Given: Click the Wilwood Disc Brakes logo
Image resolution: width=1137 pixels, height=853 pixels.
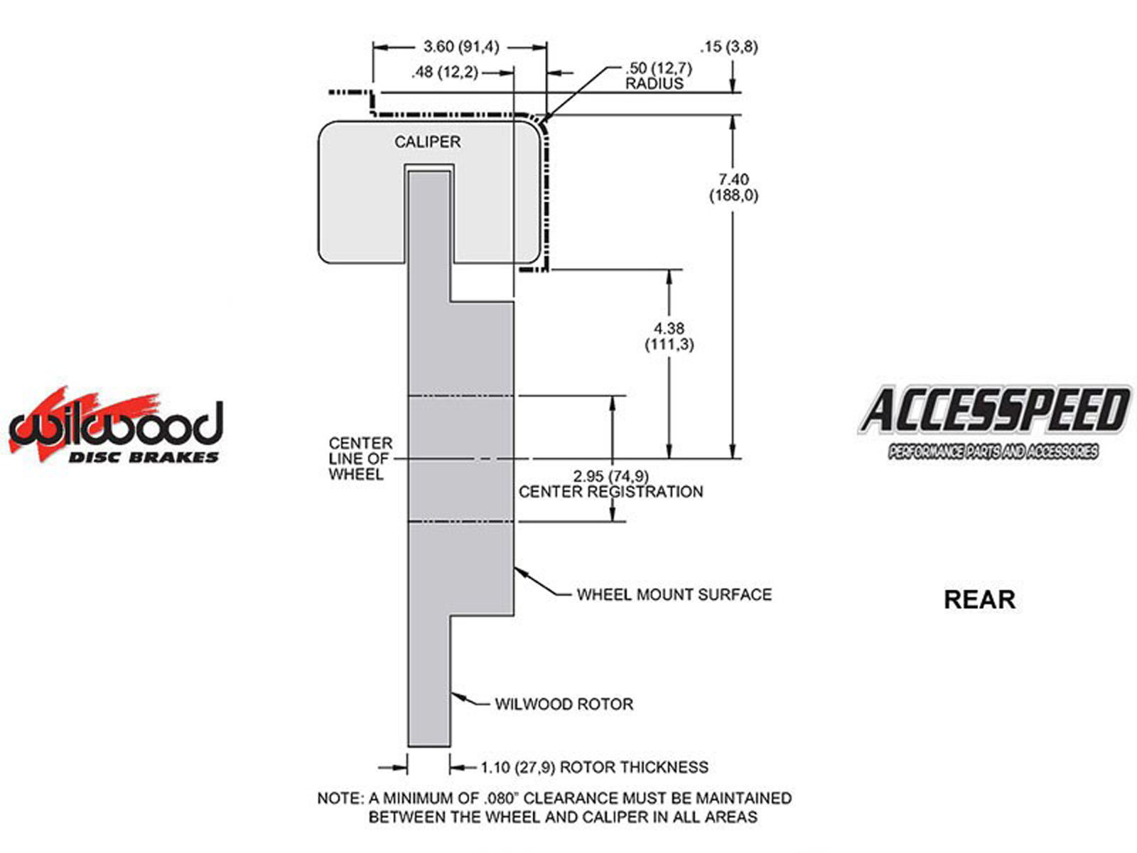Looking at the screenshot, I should pos(115,426).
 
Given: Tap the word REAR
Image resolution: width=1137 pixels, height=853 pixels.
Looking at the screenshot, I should pos(979,599).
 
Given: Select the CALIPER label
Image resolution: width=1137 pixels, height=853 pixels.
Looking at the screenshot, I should pos(427,141).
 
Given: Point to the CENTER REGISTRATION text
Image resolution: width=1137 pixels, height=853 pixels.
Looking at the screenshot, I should pos(610,491).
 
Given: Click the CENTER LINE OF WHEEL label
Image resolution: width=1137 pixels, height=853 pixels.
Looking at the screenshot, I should pos(360,458).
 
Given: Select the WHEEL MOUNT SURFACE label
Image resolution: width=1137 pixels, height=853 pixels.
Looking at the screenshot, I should pos(674,594).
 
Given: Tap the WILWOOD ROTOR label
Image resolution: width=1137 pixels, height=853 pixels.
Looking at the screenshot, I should pos(564,704).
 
